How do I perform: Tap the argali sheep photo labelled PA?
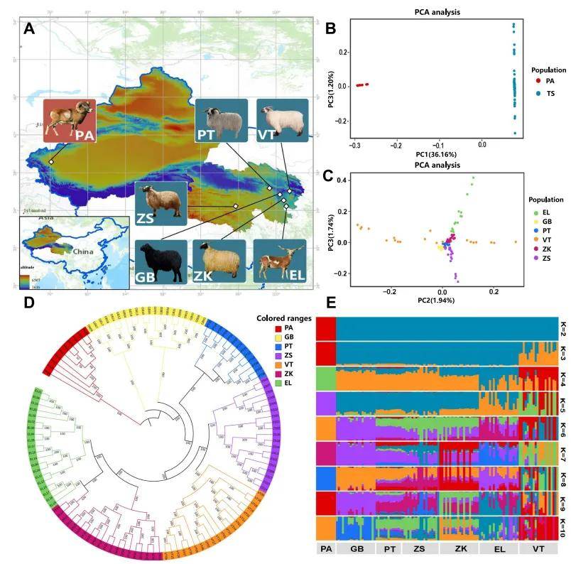coord(69,122)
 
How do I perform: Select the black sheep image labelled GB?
coord(161,262)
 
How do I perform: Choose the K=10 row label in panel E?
coord(561,527)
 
